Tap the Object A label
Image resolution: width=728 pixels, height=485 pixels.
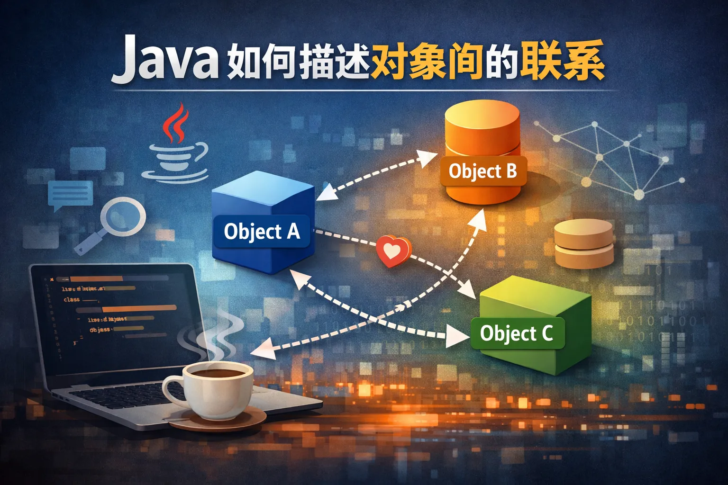point(262,232)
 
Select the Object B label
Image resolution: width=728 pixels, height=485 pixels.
point(482,171)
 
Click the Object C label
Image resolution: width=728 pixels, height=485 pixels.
point(516,333)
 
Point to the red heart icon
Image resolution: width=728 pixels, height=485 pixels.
point(393,251)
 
